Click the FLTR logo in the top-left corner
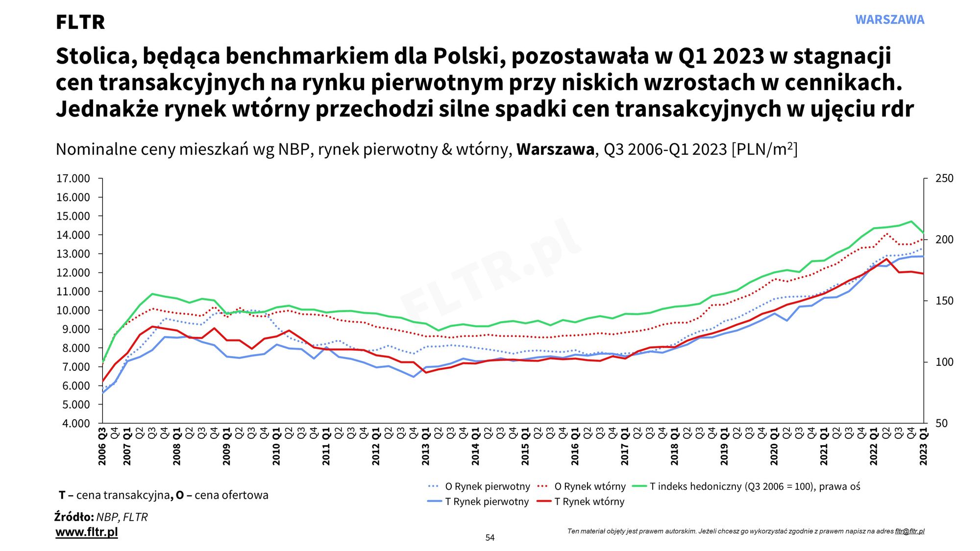pyautogui.click(x=80, y=22)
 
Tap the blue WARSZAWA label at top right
pyautogui.click(x=889, y=20)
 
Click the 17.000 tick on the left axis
pyautogui.click(x=73, y=179)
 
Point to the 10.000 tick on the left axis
pyautogui.click(x=73, y=311)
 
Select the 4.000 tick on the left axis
pyautogui.click(x=76, y=424)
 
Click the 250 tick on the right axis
pyautogui.click(x=944, y=179)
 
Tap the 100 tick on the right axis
pyautogui.click(x=944, y=362)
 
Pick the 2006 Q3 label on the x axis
pyautogui.click(x=102, y=447)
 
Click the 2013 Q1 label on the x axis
pyautogui.click(x=426, y=447)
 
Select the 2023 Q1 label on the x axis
pyautogui.click(x=924, y=447)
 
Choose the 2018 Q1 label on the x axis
pyautogui.click(x=675, y=447)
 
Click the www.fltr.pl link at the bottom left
pyautogui.click(x=87, y=532)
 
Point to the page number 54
pyautogui.click(x=490, y=538)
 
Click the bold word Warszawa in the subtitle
pyautogui.click(x=555, y=149)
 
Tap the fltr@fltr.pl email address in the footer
pyautogui.click(x=909, y=531)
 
